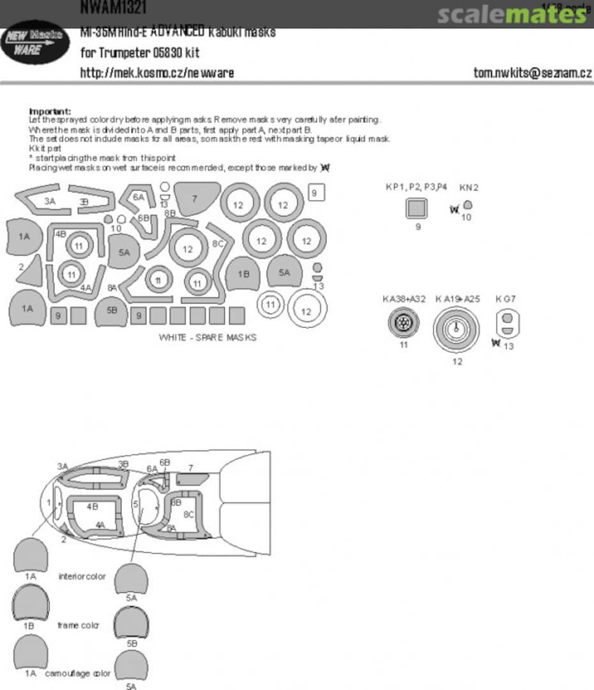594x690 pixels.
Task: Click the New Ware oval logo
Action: pos(35,43)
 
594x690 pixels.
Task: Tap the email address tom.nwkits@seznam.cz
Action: pos(532,72)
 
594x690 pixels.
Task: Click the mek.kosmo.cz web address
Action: pos(156,72)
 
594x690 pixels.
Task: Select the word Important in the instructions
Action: pos(50,111)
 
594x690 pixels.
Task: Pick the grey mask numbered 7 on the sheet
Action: pos(196,197)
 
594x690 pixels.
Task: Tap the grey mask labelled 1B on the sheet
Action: pos(243,273)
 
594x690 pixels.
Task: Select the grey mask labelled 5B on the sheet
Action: pos(111,312)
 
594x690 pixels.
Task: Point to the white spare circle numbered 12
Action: pos(307,311)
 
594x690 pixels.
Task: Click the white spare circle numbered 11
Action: pos(271,305)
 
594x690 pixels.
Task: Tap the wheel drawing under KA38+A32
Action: pos(403,324)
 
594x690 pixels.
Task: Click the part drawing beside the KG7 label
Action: pos(506,323)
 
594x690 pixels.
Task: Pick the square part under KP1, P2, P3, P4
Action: pos(418,208)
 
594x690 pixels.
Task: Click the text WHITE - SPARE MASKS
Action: pos(208,337)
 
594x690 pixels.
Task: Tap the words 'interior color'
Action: pos(82,576)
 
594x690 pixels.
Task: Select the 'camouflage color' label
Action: pos(77,673)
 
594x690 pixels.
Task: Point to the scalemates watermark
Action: pos(511,14)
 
